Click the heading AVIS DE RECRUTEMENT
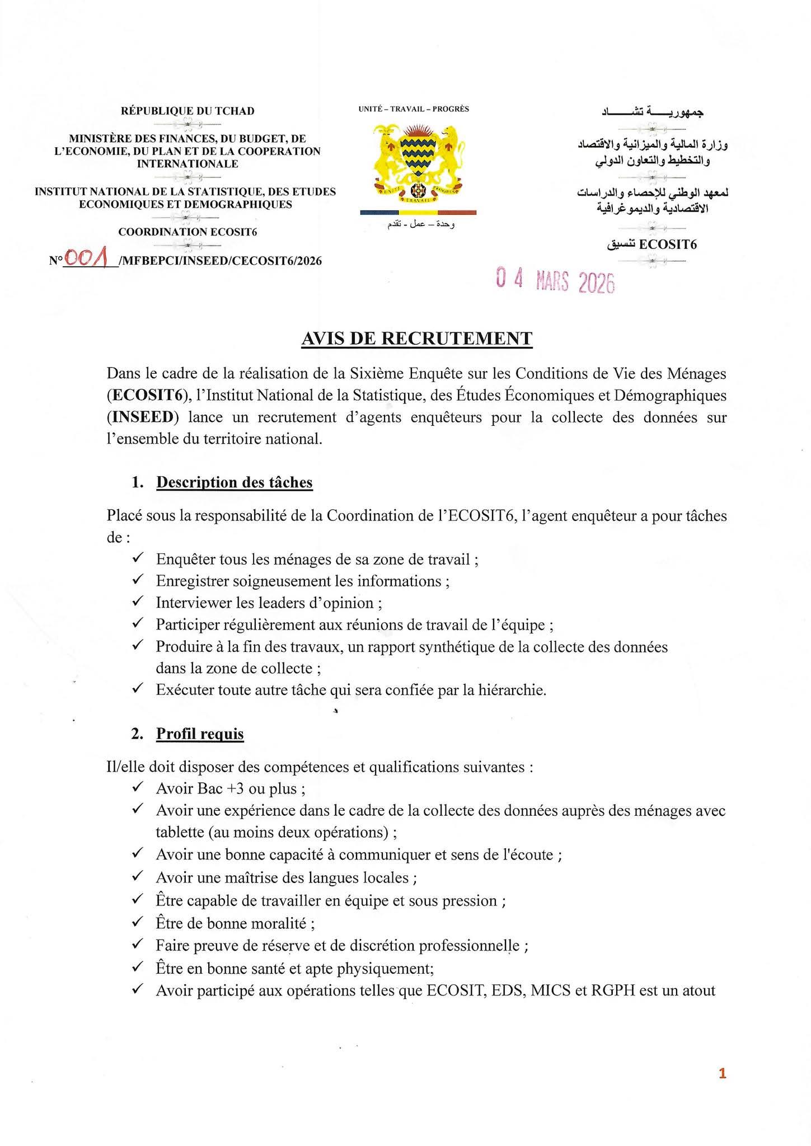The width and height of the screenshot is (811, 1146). click(x=416, y=339)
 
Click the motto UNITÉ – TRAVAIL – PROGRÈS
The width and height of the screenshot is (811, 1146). click(x=414, y=109)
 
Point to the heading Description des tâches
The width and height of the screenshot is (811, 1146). click(x=234, y=482)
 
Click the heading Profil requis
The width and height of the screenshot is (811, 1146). click(x=200, y=734)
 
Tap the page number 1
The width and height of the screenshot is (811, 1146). click(x=722, y=1073)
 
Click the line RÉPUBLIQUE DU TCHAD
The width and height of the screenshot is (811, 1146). click(x=187, y=111)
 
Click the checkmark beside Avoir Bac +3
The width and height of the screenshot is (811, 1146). click(x=138, y=787)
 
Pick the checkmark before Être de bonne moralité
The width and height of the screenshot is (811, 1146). click(x=138, y=922)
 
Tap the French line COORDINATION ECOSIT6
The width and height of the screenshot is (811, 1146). click(x=187, y=232)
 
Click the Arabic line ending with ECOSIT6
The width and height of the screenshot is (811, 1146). click(x=651, y=245)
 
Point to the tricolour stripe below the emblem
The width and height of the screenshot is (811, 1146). click(x=418, y=213)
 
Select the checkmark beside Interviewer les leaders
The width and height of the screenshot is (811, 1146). click(x=138, y=602)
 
